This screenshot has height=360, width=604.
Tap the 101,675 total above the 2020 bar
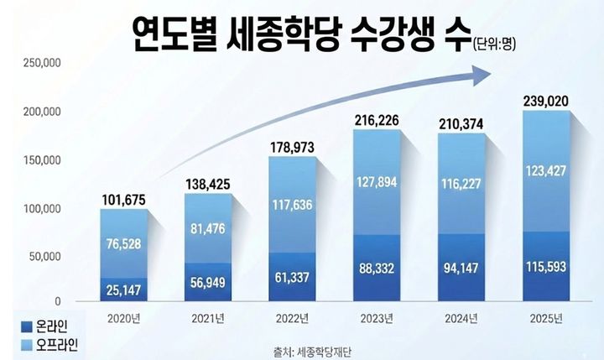(x=122, y=200)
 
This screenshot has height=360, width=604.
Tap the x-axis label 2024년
(x=460, y=318)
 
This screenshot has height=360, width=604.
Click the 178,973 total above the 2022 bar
(x=292, y=148)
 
